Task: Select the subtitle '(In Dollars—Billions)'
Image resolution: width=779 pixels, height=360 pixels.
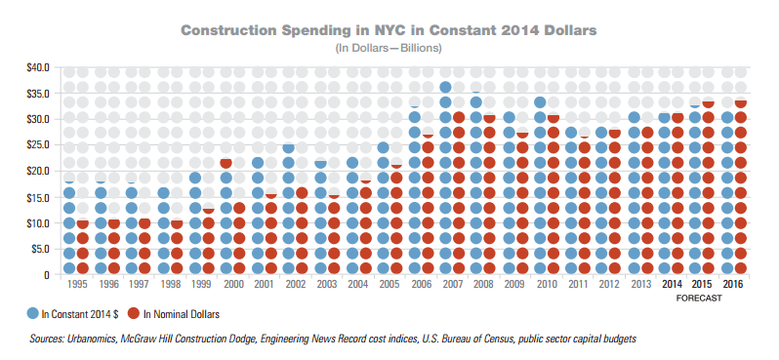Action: (x=389, y=47)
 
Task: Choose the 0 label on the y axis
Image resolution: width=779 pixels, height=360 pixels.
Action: (x=47, y=275)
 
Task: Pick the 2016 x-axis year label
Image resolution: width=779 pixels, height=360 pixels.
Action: (x=735, y=284)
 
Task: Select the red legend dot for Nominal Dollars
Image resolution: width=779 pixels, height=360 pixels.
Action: (x=134, y=313)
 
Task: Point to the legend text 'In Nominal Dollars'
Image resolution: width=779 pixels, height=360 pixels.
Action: (x=182, y=314)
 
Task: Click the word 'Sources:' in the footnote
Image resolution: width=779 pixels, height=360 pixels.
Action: (x=51, y=340)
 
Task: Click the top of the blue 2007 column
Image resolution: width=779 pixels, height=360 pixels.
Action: (x=445, y=86)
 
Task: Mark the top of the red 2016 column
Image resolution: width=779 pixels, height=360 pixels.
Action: (x=741, y=102)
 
